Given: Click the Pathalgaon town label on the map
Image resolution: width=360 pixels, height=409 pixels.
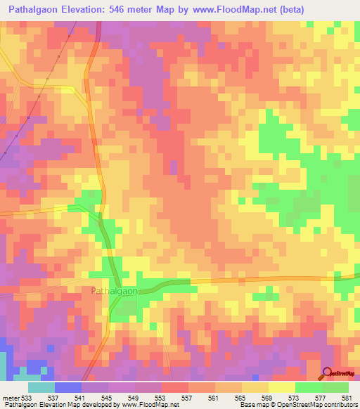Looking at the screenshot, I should (114, 290).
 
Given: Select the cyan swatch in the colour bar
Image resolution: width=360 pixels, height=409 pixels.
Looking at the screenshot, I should (41, 387).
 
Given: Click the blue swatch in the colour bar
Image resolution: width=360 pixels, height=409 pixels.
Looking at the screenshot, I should (68, 387).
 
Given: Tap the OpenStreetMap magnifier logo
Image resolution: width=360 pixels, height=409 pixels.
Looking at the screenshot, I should (328, 373).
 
